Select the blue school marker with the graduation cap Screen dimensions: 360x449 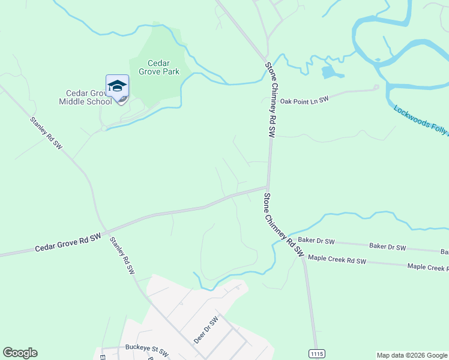click(x=117, y=88)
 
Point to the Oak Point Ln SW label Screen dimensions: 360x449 click(x=304, y=101)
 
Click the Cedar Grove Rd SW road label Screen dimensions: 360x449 click(x=67, y=243)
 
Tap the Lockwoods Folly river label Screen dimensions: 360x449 click(x=421, y=119)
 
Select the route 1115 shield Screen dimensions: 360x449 click(x=316, y=354)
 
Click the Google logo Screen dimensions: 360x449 click(x=20, y=353)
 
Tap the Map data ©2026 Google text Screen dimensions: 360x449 click(x=411, y=355)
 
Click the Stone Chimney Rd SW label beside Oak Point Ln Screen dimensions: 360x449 click(x=271, y=100)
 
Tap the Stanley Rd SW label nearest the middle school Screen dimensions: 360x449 click(x=46, y=133)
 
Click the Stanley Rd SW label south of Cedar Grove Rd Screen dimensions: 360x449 click(x=122, y=256)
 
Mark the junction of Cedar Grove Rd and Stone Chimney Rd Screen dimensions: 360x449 click(x=268, y=187)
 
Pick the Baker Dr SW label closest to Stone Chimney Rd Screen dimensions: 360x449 click(x=316, y=241)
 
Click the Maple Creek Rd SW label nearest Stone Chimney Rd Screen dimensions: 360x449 click(x=336, y=260)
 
